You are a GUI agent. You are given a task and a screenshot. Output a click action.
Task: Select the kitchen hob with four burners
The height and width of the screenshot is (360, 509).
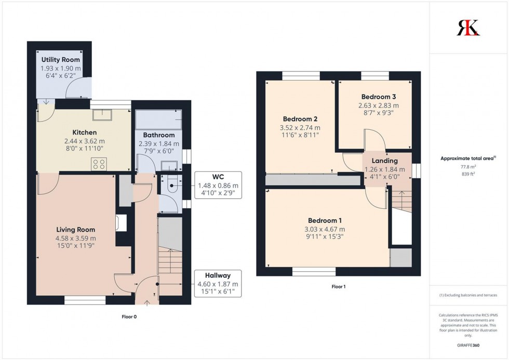tap(99, 164)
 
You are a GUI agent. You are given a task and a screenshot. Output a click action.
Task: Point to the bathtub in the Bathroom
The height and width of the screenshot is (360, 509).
tap(158, 119)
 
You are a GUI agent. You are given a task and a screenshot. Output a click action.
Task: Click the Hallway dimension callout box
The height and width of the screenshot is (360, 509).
tap(218, 284)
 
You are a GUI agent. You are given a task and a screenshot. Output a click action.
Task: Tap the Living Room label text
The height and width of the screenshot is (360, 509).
tap(76, 229)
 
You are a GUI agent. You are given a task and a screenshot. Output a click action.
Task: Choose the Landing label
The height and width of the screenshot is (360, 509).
tap(385, 161)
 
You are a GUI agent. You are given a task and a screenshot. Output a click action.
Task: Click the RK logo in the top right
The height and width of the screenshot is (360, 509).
tap(468, 28)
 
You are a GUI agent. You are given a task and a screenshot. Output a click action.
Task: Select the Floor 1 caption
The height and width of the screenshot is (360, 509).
tap(338, 286)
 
